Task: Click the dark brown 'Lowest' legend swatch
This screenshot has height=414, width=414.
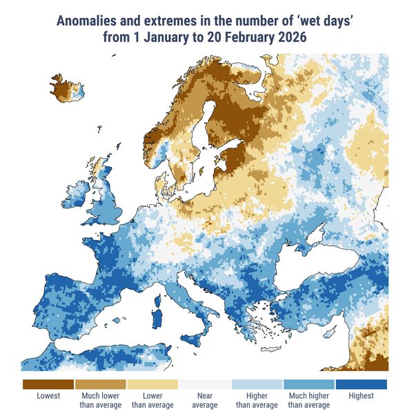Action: pos(48,384)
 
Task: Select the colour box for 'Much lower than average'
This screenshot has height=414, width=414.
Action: pos(100,384)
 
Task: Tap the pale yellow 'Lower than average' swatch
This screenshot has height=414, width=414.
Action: pos(152,384)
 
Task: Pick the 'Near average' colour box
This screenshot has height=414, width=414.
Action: pos(204,384)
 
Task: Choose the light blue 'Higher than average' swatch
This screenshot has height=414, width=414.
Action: pos(257,384)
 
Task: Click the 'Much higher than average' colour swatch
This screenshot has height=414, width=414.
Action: pos(308,384)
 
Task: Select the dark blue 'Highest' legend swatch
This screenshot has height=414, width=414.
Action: pos(361,384)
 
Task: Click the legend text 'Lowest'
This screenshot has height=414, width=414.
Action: pos(48,396)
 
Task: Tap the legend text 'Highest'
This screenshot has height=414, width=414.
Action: pos(361,396)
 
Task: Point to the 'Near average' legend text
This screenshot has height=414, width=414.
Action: pos(204,400)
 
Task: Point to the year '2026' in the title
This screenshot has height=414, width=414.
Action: pos(290,37)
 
